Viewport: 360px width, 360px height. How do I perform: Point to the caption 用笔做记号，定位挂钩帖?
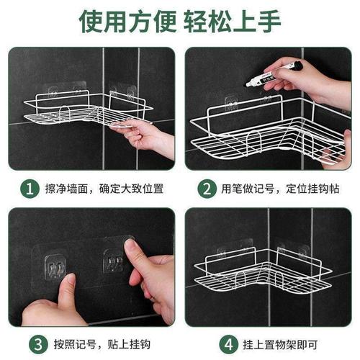[278, 190]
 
